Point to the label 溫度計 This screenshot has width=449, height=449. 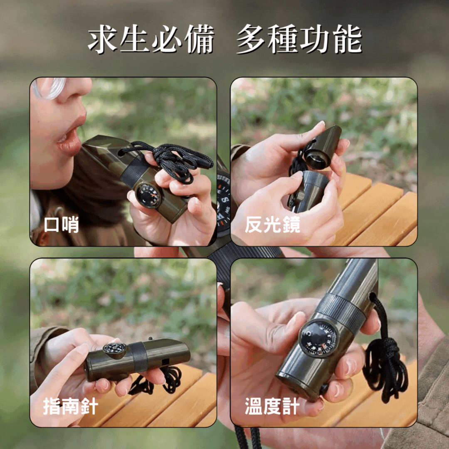coord(272,406)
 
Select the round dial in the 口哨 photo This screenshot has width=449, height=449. coord(149,195)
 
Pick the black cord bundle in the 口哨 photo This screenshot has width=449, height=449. coord(175,160)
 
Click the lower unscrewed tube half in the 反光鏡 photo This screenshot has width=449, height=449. coord(310,189)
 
